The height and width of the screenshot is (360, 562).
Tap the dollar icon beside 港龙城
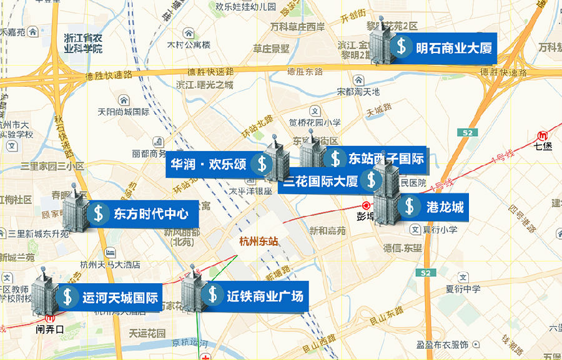click(x=410, y=207)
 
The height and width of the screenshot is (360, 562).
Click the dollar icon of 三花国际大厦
click(x=372, y=180)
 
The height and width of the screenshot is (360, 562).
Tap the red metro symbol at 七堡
click(x=543, y=135)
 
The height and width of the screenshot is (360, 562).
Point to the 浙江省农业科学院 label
click(x=83, y=43)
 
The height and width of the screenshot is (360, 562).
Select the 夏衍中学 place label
click(x=463, y=289)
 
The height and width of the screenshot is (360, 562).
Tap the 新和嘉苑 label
click(x=327, y=231)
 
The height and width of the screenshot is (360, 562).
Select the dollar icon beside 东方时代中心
click(x=98, y=213)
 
